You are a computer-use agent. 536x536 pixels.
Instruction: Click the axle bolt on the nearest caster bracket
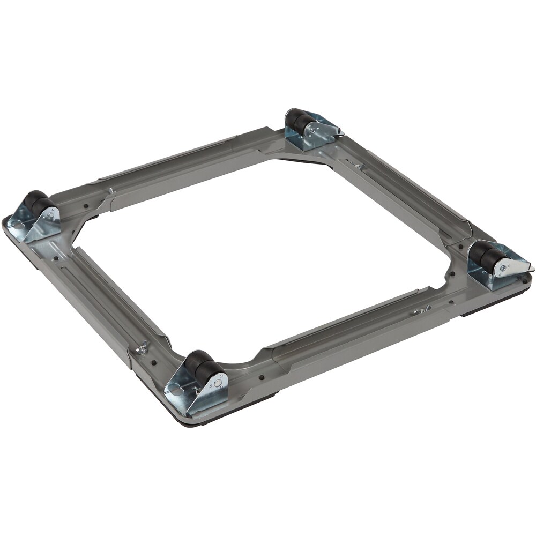[x=218, y=381]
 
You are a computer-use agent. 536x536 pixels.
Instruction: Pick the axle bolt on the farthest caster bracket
[x=310, y=129]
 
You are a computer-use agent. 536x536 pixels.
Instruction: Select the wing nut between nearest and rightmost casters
[x=423, y=309]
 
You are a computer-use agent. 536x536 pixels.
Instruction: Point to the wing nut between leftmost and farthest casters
[x=111, y=190]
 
